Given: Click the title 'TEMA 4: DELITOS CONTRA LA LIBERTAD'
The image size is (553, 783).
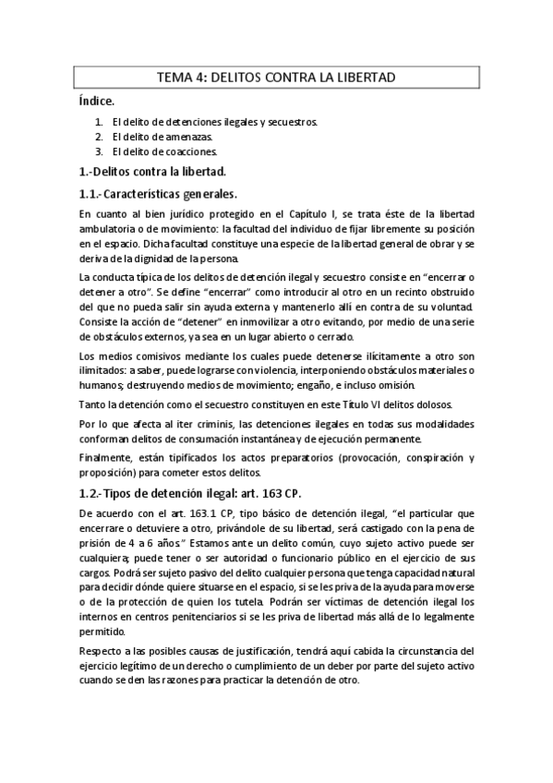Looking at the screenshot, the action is click(x=276, y=78).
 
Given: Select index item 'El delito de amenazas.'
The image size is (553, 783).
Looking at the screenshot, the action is click(x=155, y=136).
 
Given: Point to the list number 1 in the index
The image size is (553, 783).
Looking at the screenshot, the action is click(x=99, y=121).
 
